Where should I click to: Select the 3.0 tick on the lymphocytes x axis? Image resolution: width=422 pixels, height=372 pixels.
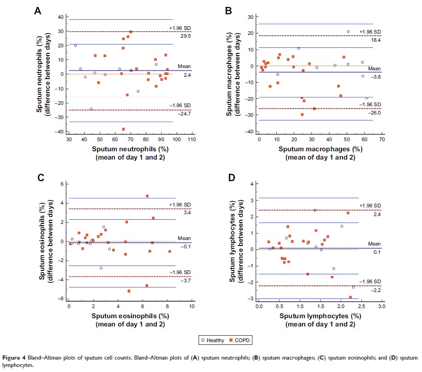click(x=382, y=306)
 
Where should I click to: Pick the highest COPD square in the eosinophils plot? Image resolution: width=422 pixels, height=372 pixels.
click(x=147, y=196)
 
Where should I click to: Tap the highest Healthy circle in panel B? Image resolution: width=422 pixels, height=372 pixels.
click(x=348, y=32)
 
